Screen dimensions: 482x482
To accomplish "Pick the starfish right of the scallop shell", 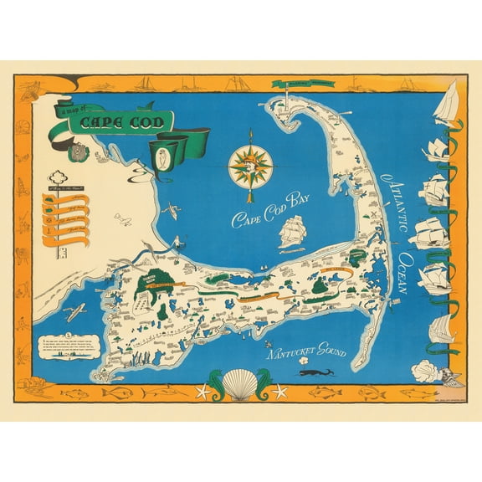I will pyautogui.click(x=279, y=391).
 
